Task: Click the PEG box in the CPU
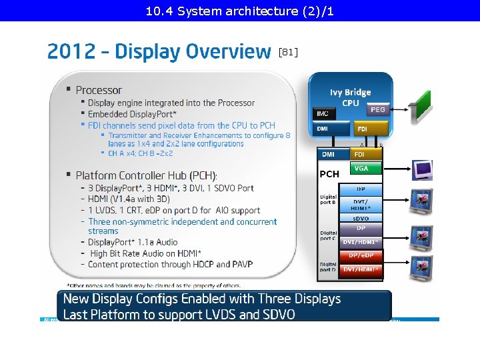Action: point(377,109)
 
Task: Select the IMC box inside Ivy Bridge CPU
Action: point(322,114)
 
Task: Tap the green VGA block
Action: point(361,169)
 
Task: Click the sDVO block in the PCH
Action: point(360,218)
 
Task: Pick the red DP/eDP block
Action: point(360,255)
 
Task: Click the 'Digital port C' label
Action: point(328,234)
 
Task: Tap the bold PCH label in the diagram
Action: point(329,173)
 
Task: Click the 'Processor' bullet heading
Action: point(99,90)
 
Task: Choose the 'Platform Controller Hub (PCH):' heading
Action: point(146,175)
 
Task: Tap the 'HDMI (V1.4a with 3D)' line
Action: point(129,199)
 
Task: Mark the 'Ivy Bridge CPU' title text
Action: point(350,97)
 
